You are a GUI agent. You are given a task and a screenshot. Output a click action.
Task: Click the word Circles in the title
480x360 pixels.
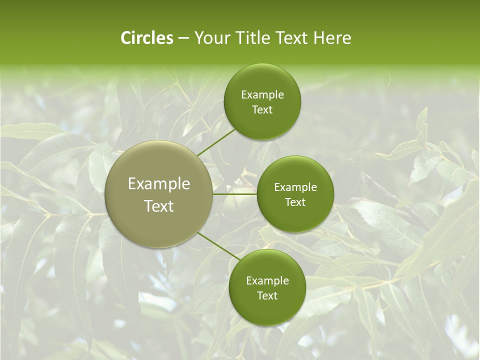147,38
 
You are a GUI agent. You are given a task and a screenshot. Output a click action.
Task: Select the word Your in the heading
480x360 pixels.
212,38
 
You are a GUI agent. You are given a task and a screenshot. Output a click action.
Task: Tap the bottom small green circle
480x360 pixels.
267,310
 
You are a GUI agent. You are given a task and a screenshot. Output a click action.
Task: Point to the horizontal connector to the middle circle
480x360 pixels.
234,194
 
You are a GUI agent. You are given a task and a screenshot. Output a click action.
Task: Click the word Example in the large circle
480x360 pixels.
159,184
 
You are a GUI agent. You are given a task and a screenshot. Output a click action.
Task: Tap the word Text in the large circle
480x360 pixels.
159,205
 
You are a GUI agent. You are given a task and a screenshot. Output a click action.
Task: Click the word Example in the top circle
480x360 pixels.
262,94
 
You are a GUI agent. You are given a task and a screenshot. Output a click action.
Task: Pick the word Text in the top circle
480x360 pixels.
262,109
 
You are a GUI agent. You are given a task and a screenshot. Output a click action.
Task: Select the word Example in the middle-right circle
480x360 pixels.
295,187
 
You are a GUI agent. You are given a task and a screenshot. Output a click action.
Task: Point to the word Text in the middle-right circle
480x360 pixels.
295,202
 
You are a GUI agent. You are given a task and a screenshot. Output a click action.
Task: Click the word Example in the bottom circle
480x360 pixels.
267,280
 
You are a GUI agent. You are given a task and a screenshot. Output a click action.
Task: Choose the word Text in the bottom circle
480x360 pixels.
267,295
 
